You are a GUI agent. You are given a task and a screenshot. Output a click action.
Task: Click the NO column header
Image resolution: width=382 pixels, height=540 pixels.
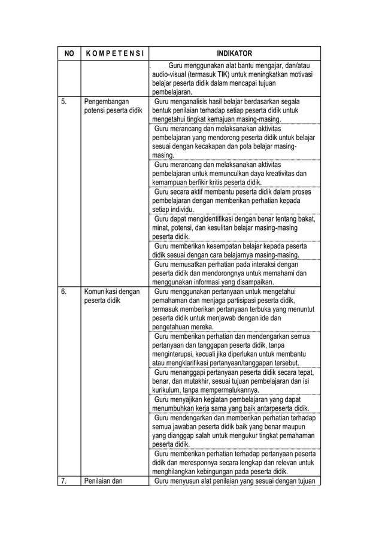coord(69,53)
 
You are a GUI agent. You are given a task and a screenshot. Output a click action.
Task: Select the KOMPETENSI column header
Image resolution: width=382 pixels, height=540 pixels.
coord(114,53)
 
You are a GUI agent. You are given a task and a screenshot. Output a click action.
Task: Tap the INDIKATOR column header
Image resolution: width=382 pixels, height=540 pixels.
coord(234,53)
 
